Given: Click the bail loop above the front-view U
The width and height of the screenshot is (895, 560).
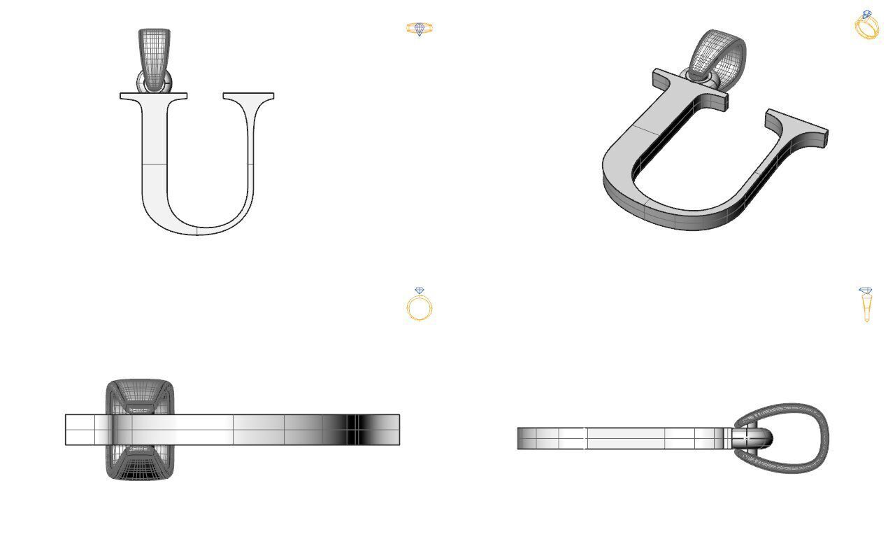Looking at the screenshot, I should click(154, 52).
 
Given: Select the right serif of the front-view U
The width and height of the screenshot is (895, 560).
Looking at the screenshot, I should click(248, 96).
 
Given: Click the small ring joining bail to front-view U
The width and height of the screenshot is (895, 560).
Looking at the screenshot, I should click(154, 85).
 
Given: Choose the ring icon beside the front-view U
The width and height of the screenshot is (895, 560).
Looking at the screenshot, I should click(420, 29).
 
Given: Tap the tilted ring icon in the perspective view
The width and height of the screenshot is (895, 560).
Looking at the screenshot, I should click(867, 25).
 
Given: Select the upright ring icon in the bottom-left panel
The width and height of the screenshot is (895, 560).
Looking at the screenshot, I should click(420, 304).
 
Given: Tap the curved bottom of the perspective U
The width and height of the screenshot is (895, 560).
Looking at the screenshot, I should click(671, 210).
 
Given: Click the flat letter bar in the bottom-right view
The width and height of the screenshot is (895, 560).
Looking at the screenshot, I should click(622, 438).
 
